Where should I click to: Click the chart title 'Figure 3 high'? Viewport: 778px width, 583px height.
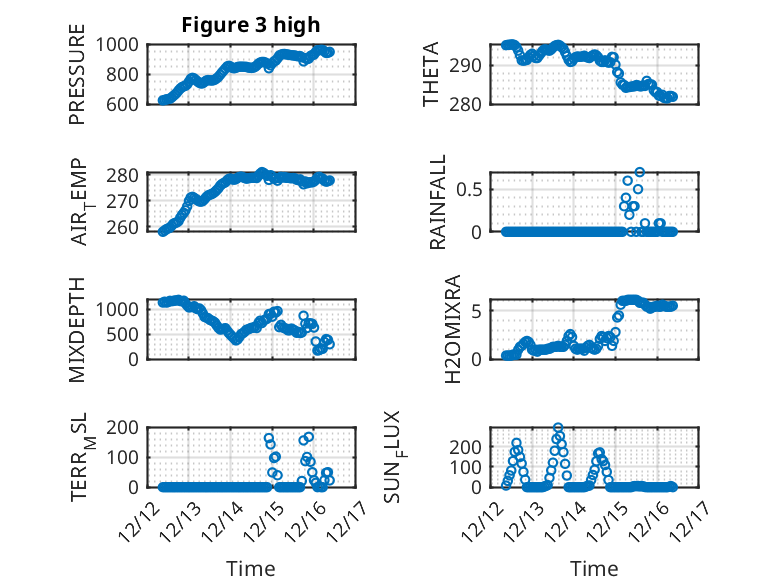tap(251, 25)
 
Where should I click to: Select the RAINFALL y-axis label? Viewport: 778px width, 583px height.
tap(438, 203)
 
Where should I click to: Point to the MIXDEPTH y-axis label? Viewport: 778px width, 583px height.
tap(78, 330)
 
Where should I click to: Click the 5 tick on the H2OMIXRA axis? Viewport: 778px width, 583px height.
tap(481, 311)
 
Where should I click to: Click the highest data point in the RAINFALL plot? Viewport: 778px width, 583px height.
tap(639, 172)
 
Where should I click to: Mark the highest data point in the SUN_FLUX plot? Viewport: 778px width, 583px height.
tap(558, 428)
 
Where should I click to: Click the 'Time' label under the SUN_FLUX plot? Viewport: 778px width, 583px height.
tap(594, 569)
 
